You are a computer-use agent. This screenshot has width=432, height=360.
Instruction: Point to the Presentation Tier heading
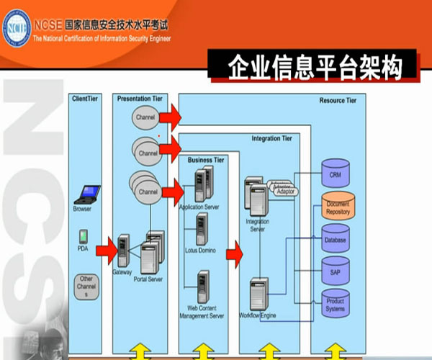[140, 98]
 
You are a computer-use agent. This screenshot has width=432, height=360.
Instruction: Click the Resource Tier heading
[337, 101]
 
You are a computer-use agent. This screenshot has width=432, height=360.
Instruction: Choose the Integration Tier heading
[271, 138]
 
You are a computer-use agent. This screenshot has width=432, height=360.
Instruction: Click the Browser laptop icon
[89, 194]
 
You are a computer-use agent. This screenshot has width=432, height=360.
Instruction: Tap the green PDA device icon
[84, 236]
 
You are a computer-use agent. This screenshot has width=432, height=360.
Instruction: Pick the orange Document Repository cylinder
[337, 206]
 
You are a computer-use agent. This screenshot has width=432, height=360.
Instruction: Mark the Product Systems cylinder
[335, 303]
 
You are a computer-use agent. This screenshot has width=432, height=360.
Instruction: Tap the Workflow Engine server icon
[258, 294]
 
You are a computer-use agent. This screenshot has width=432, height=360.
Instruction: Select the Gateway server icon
[123, 250]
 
